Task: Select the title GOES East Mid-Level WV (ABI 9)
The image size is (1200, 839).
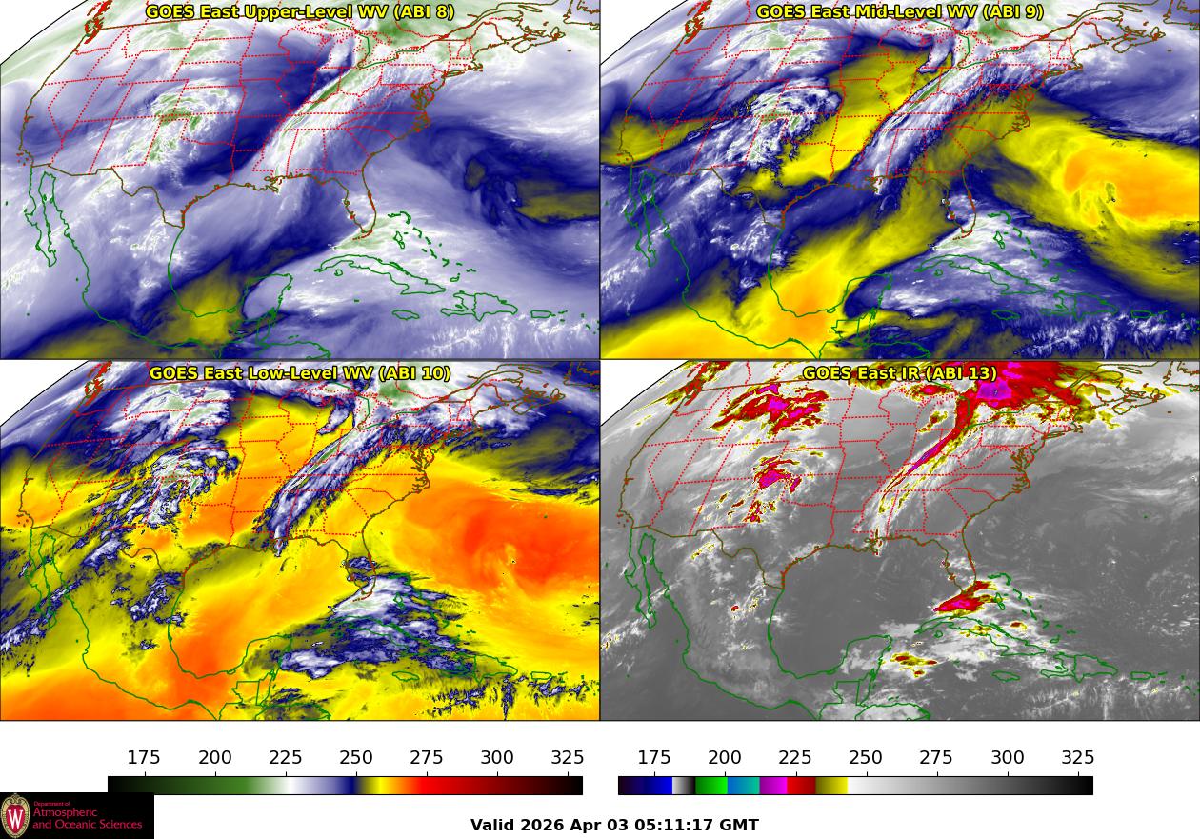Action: pyautogui.click(x=899, y=12)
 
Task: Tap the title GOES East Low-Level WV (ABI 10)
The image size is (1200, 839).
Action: pyautogui.click(x=299, y=373)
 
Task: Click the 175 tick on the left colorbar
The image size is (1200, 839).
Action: pyautogui.click(x=145, y=758)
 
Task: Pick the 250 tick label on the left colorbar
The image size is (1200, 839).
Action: pyautogui.click(x=356, y=758)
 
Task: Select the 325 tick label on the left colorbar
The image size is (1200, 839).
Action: pyautogui.click(x=568, y=758)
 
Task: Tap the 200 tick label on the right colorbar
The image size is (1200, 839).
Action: pyautogui.click(x=725, y=758)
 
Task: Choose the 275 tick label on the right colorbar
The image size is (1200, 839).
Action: pyautogui.click(x=936, y=758)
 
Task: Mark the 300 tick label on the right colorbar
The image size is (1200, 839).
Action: pyautogui.click(x=1007, y=758)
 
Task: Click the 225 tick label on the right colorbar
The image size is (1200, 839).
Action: pyautogui.click(x=795, y=758)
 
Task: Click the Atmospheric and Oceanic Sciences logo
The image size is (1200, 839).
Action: pyautogui.click(x=76, y=816)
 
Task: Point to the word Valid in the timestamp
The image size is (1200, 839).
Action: pyautogui.click(x=492, y=826)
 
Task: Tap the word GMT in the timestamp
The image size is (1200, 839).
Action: pyautogui.click(x=740, y=826)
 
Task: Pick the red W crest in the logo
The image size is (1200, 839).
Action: pyautogui.click(x=15, y=816)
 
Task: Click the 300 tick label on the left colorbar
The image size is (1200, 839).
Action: pyautogui.click(x=497, y=758)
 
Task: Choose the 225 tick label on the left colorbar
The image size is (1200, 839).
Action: pyautogui.click(x=286, y=758)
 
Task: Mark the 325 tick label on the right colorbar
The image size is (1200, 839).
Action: pyautogui.click(x=1077, y=758)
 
